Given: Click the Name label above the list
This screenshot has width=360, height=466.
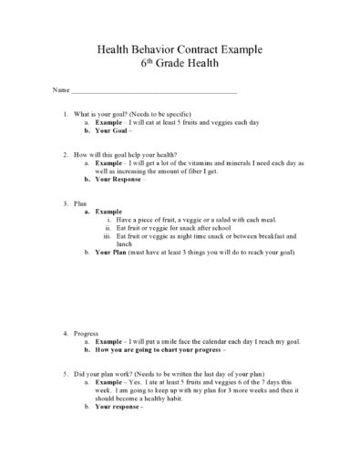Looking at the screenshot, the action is [60, 92].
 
